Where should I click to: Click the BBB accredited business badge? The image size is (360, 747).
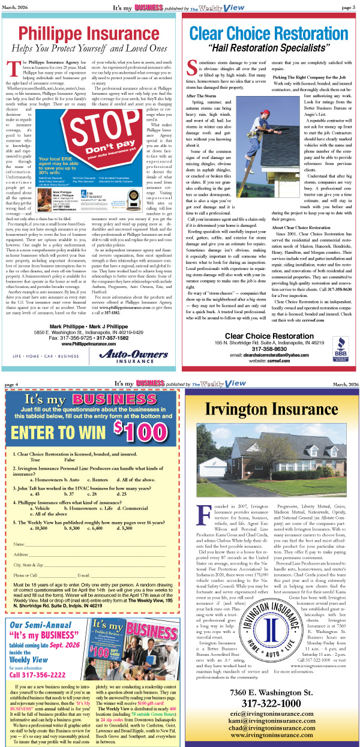coord(340,346)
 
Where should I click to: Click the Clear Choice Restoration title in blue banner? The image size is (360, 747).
coord(270,32)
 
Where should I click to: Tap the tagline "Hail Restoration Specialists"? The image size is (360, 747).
coord(270,47)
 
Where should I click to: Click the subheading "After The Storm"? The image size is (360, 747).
coord(201,95)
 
